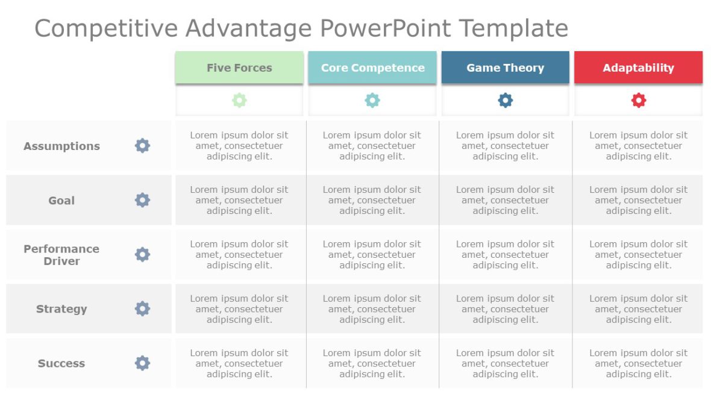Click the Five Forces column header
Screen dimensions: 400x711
coord(239,67)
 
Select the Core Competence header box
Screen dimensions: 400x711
coord(372,67)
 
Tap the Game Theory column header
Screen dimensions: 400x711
coord(505,67)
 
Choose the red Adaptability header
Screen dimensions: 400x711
coord(638,67)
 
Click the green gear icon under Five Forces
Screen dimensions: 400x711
coord(239,101)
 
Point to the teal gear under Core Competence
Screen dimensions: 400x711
coord(372,101)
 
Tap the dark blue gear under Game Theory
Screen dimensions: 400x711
coord(505,101)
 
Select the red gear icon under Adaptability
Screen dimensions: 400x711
coord(638,101)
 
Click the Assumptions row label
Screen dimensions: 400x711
coord(61,146)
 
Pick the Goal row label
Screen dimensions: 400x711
coord(61,200)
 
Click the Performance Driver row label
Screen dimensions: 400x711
coord(61,255)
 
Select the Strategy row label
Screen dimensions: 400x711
coord(61,309)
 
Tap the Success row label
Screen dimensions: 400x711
coord(61,363)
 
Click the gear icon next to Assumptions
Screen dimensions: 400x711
coord(142,146)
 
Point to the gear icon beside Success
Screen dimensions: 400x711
coord(142,363)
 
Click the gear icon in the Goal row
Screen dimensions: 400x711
coord(142,200)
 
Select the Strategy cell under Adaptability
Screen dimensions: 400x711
coord(638,309)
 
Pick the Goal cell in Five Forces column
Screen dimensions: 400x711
coord(239,200)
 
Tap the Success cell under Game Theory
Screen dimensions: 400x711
coord(505,363)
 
